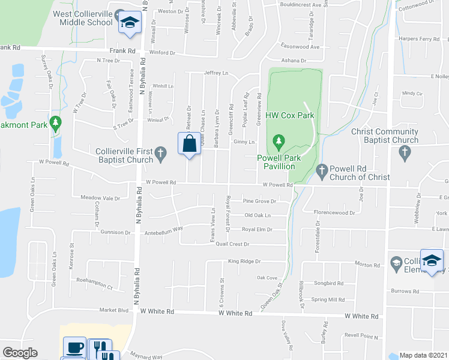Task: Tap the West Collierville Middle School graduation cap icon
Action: coord(128,23)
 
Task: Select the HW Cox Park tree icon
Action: coord(278,141)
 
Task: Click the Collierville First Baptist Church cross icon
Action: coord(160,155)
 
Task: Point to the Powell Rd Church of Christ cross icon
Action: coord(322,172)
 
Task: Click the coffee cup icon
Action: coord(75,347)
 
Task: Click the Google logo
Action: coord(20,353)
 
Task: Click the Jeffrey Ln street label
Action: coord(217,73)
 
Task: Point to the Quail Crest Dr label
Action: coord(228,244)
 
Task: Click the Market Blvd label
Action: coord(114,310)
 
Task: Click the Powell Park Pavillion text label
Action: coord(277,162)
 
